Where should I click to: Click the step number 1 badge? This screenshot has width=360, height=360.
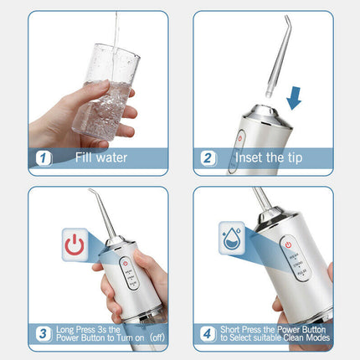[x=40, y=157]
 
